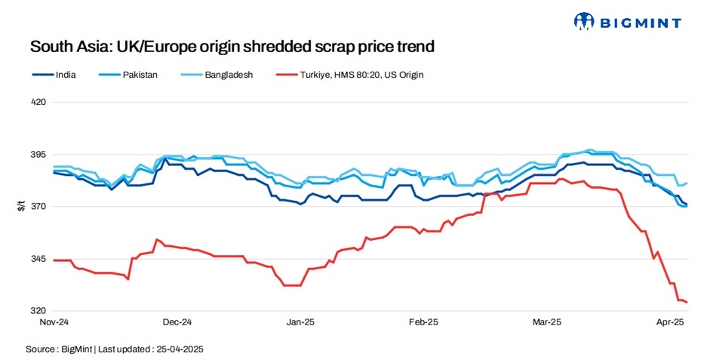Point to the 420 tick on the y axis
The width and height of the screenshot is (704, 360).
tap(38, 101)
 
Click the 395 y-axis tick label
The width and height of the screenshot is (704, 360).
tap(38, 154)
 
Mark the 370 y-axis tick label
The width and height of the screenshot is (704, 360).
tap(38, 206)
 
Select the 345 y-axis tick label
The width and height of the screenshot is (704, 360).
tap(38, 259)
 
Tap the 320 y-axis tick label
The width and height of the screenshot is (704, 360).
tap(38, 311)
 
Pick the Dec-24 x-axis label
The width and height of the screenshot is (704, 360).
tap(177, 322)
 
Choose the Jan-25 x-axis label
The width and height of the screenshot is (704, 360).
tap(300, 322)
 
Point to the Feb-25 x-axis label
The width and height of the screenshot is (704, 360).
tap(423, 322)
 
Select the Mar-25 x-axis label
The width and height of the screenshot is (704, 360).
tap(547, 322)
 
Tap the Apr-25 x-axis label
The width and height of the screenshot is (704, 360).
tap(669, 322)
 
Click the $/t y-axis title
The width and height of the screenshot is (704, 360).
tap(21, 206)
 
